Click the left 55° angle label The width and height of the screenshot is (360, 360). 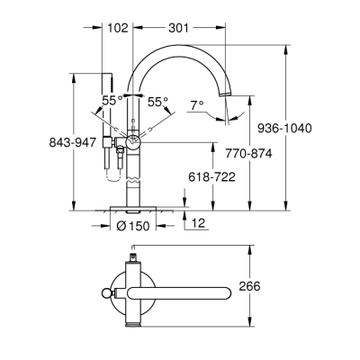click(111, 102)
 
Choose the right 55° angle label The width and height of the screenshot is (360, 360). click(157, 102)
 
